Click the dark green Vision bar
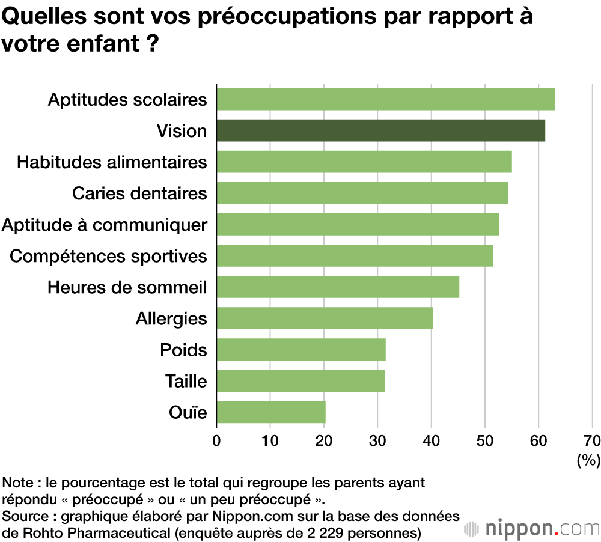380,130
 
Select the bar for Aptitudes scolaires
385,99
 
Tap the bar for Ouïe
270,412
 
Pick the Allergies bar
325,318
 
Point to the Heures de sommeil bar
338,287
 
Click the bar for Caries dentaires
362,193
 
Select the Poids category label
183,350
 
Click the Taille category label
186,381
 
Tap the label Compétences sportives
109,256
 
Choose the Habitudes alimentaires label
112,162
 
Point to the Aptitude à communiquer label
105,225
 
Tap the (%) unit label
588,460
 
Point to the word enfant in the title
100,44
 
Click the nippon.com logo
532,529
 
